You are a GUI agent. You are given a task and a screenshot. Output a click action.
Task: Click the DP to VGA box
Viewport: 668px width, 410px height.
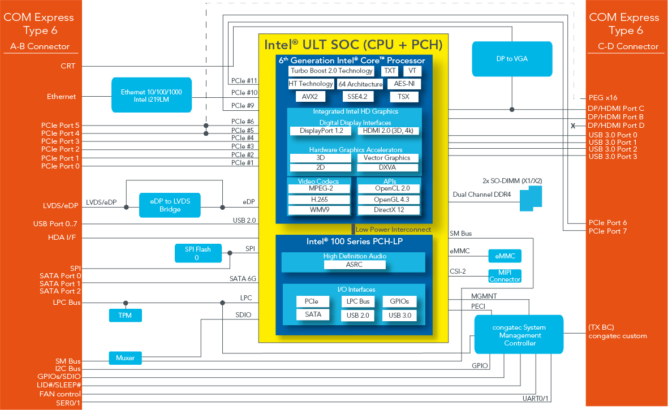pos(512,58)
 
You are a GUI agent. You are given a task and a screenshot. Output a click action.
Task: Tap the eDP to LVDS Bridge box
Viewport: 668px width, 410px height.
pos(170,205)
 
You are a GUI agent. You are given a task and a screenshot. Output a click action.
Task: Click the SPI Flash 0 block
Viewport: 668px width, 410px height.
pos(197,253)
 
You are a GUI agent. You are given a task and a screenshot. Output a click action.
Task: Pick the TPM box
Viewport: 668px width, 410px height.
pos(125,315)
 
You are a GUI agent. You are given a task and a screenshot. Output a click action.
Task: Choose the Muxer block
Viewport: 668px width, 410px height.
pos(125,357)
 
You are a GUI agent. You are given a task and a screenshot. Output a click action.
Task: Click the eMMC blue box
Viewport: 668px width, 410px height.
pos(504,256)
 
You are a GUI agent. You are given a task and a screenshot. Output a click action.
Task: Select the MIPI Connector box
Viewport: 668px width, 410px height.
pos(505,276)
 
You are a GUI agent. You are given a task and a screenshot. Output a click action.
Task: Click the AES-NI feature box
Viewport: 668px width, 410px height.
pos(404,84)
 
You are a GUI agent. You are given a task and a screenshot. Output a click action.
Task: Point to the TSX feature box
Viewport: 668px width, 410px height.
pos(403,97)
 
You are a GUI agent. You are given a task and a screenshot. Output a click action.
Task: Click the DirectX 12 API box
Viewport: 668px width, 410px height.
pos(388,210)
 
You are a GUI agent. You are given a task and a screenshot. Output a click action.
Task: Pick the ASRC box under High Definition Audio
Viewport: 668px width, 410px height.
pos(354,265)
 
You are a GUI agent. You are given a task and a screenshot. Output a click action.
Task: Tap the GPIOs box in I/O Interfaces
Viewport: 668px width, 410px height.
pos(399,301)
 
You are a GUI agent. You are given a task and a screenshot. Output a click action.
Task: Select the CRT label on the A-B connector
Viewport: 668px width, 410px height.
pos(68,66)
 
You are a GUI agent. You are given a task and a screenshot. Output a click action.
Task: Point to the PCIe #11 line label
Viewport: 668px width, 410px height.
pos(244,80)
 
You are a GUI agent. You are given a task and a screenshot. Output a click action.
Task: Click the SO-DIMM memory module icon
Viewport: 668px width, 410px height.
pos(530,197)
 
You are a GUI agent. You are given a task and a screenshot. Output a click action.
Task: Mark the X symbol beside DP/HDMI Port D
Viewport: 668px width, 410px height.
pos(573,126)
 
